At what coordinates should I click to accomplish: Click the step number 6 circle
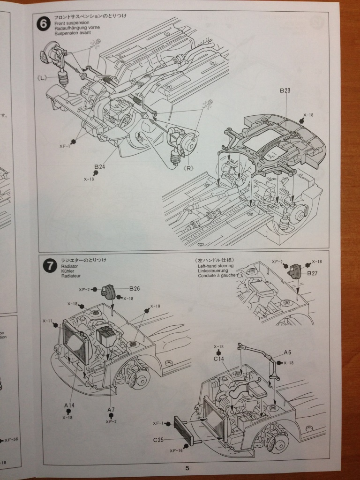[44, 23]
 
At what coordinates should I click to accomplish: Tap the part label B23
[286, 91]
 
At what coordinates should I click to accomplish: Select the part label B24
[99, 166]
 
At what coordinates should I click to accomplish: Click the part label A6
[288, 352]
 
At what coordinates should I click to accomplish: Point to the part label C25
[158, 440]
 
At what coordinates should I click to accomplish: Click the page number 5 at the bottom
[187, 468]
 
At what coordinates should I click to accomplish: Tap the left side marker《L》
[41, 77]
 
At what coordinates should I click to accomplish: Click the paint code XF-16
[174, 450]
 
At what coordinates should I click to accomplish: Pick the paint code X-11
[47, 321]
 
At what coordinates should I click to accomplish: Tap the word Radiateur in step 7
[72, 277]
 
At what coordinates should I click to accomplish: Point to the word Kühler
[68, 271]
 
